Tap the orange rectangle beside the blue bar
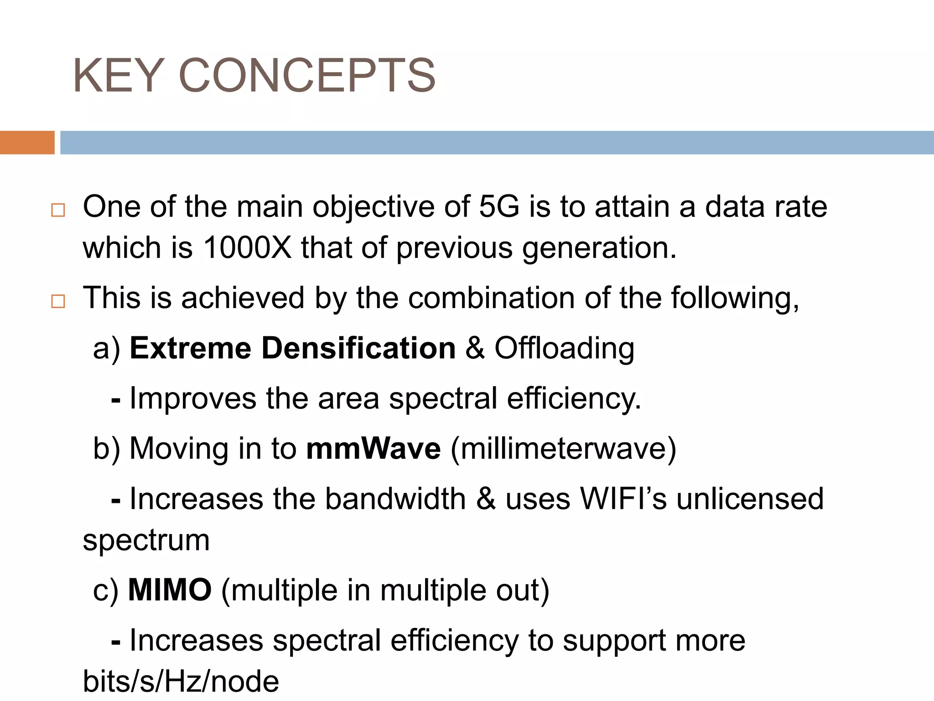(x=27, y=142)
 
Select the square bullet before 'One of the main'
(x=58, y=210)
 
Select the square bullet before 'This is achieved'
(x=58, y=302)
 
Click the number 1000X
(x=247, y=248)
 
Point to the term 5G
(x=499, y=207)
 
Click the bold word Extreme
(x=191, y=348)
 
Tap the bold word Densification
(x=358, y=348)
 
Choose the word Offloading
(x=565, y=348)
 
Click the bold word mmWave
(x=374, y=449)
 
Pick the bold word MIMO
(x=170, y=590)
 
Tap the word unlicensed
(x=750, y=498)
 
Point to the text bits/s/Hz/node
(x=181, y=682)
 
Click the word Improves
(x=193, y=399)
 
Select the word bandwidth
(x=395, y=498)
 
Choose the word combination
(x=492, y=298)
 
